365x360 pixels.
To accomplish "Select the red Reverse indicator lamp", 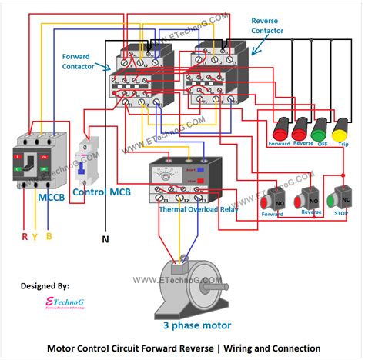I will pos(301,128).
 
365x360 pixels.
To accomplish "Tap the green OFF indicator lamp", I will pos(320,128).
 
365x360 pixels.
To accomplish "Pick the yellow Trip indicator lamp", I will pos(339,128).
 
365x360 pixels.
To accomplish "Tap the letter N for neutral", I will pos(105,239).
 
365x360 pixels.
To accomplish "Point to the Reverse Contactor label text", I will pos(267,26).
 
